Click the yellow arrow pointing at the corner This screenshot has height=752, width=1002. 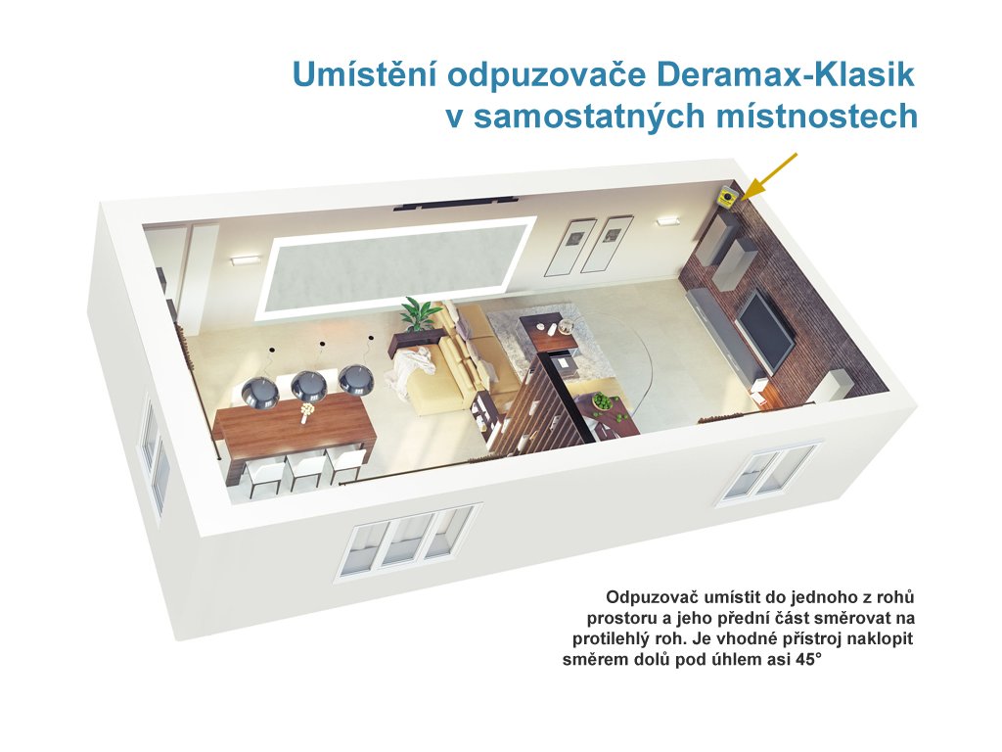pyautogui.click(x=771, y=176)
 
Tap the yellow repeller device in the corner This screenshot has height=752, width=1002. pyautogui.click(x=728, y=195)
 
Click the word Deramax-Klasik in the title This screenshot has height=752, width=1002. pyautogui.click(x=786, y=74)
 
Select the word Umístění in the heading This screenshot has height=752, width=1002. pyautogui.click(x=364, y=73)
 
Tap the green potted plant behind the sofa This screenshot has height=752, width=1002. pyautogui.click(x=419, y=314)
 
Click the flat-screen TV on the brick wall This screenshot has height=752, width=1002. pyautogui.click(x=765, y=328)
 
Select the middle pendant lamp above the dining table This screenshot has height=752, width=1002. pyautogui.click(x=309, y=384)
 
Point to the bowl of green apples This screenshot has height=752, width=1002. pyautogui.click(x=602, y=401)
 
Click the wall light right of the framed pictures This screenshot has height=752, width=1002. pyautogui.click(x=667, y=220)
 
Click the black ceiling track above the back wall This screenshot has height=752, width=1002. pyautogui.click(x=458, y=202)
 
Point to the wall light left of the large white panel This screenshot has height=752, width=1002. pyautogui.click(x=246, y=259)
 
